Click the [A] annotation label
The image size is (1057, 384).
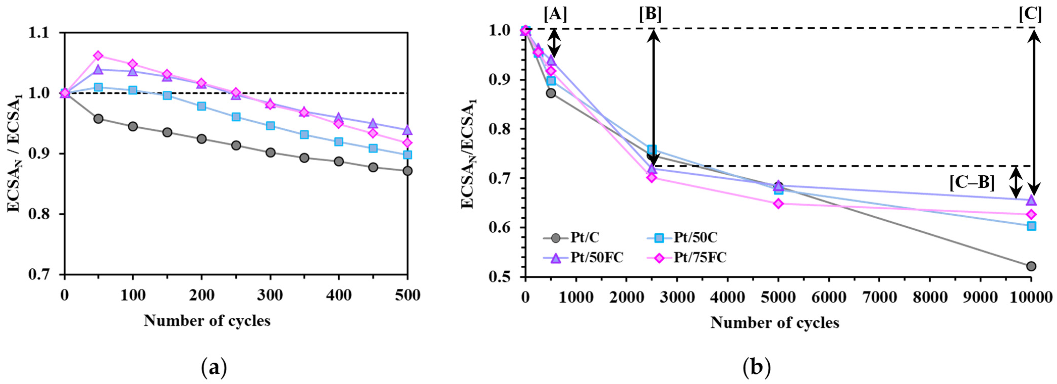click(555, 15)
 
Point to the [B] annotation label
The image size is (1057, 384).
click(650, 15)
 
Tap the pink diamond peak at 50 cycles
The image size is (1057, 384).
click(98, 56)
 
